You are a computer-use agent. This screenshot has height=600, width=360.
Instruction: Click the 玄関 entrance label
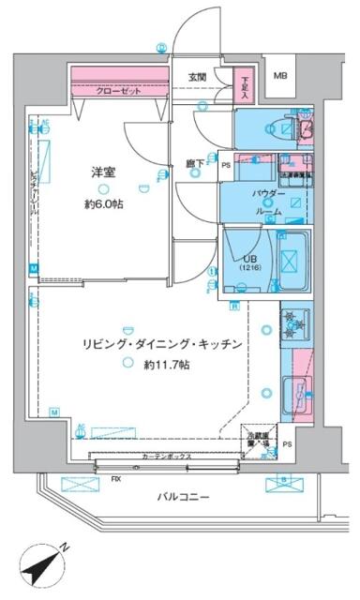point(197,77)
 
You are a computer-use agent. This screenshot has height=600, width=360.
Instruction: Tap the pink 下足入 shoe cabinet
point(244,86)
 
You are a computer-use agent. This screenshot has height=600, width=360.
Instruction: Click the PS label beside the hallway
point(226,166)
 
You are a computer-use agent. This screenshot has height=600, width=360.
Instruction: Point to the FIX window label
point(116,479)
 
